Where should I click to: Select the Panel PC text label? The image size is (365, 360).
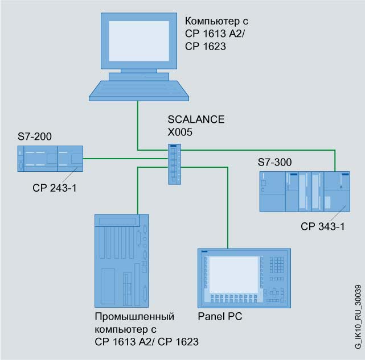point(220,316)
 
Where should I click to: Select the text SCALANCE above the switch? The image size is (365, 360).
point(195,120)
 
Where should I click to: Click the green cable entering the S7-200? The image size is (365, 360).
point(125,159)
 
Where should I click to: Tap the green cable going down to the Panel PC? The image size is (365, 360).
point(228,216)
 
